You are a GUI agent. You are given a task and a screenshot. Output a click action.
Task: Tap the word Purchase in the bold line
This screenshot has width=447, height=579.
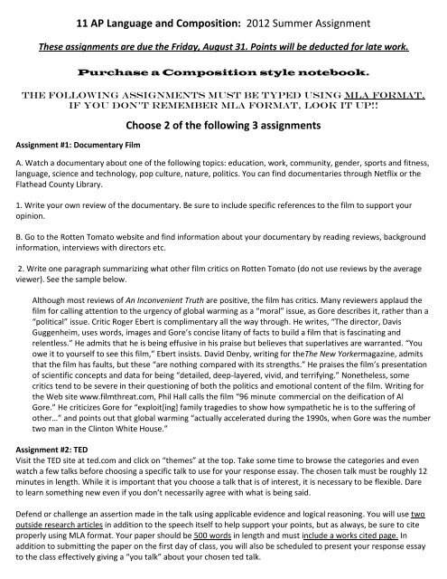point(124,71)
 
